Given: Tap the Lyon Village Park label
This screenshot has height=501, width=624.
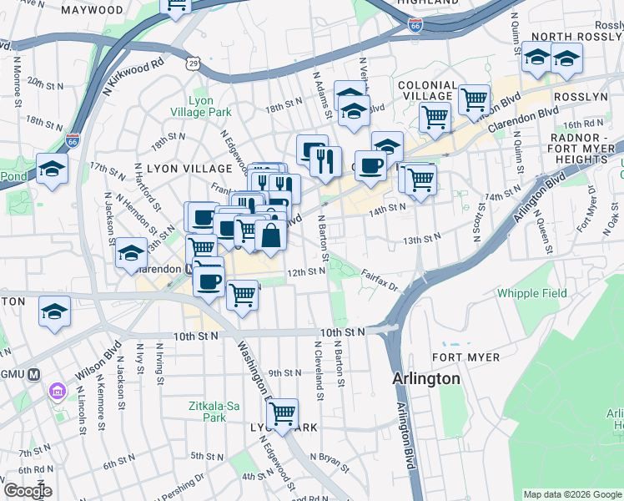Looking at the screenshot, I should point(210,106).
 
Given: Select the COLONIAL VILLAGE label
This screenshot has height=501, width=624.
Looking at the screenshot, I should point(427,85).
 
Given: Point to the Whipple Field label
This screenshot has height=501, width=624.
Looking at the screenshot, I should point(531,293).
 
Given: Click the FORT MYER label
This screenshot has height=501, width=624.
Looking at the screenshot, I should point(466,357).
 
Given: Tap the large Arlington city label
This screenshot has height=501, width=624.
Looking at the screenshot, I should point(426,378).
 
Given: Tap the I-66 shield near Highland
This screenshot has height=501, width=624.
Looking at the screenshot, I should point(415,27).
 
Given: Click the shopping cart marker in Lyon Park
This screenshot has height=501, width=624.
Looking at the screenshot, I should point(283,412).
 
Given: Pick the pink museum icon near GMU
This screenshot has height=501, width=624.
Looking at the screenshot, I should point(56,391).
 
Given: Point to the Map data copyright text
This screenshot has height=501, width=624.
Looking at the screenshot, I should point(571,494).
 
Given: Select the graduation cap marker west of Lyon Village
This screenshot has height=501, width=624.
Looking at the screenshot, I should point(53,170).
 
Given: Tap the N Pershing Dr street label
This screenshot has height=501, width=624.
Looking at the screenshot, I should point(179,482).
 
